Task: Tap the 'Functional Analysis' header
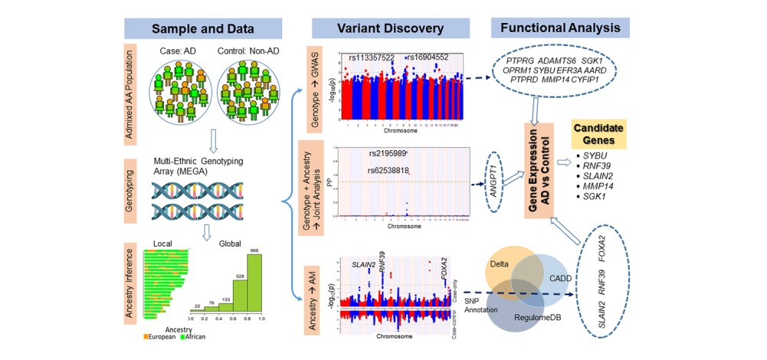coord(561,28)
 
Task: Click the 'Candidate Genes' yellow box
coord(598,134)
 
